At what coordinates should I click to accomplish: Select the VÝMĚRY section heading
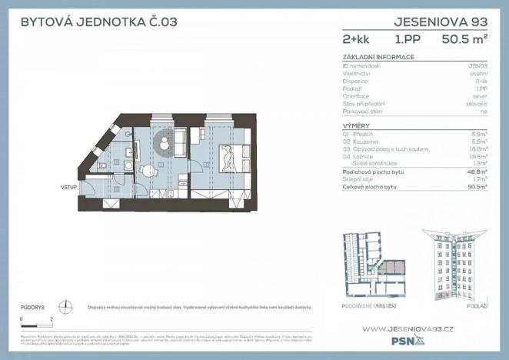pyautogui.click(x=358, y=125)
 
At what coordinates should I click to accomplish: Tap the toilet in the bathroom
pyautogui.click(x=104, y=165)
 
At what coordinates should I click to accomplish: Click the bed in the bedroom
pyautogui.click(x=230, y=158)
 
